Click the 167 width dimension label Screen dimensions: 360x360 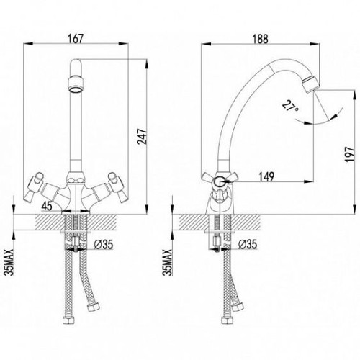click(x=76, y=39)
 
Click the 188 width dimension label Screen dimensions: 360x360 click(x=260, y=39)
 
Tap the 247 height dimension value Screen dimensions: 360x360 click(x=141, y=137)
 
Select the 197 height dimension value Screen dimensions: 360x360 click(x=350, y=154)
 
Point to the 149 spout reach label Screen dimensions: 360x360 click(x=266, y=177)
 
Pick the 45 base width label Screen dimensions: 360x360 click(x=47, y=206)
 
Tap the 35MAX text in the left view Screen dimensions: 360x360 click(x=9, y=263)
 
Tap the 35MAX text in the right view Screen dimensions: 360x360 click(x=167, y=263)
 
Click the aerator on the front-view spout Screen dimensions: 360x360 click(x=76, y=84)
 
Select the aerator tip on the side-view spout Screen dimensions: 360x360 click(x=310, y=84)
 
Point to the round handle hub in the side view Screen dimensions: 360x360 click(x=218, y=182)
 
